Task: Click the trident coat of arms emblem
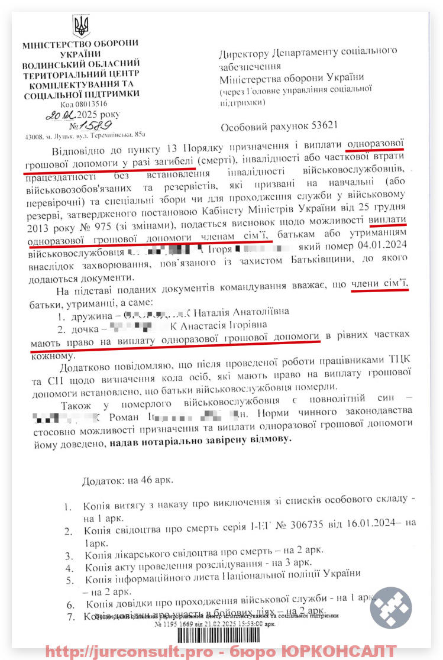[81, 27]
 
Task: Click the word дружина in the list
[88, 311]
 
